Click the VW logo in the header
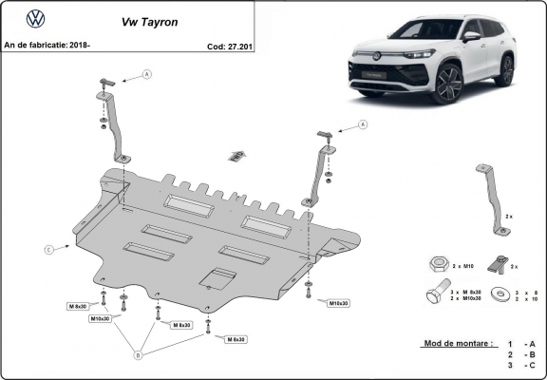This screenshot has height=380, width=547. (35, 18)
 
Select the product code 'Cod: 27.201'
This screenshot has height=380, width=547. (229, 45)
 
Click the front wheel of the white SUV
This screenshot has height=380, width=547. (448, 85)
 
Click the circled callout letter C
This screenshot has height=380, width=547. (47, 250)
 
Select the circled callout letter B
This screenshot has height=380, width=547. (138, 355)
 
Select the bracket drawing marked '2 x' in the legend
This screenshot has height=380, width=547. (492, 197)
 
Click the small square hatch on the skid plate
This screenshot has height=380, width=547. (219, 276)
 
